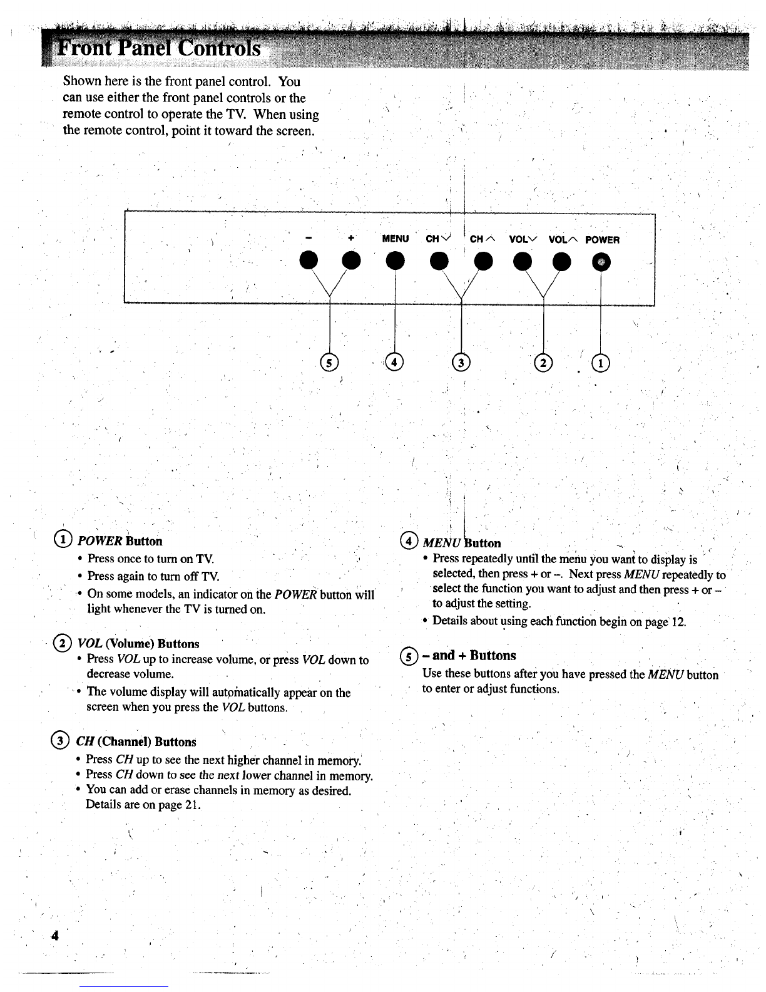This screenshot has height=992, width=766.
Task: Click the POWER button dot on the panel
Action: pos(602,262)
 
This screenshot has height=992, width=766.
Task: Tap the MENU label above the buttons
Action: pos(395,239)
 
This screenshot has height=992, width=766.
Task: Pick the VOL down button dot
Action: pos(522,261)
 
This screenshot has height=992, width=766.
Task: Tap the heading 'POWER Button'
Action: pos(120,541)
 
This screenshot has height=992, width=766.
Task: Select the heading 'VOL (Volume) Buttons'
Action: pos(138,644)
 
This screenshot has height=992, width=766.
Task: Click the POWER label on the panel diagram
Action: pos(602,239)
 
